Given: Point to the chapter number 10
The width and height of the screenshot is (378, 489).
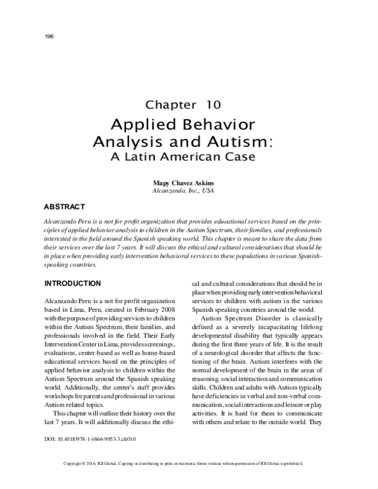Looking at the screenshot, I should tap(212, 104).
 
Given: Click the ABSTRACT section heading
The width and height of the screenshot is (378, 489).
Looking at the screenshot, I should tap(65, 206).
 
